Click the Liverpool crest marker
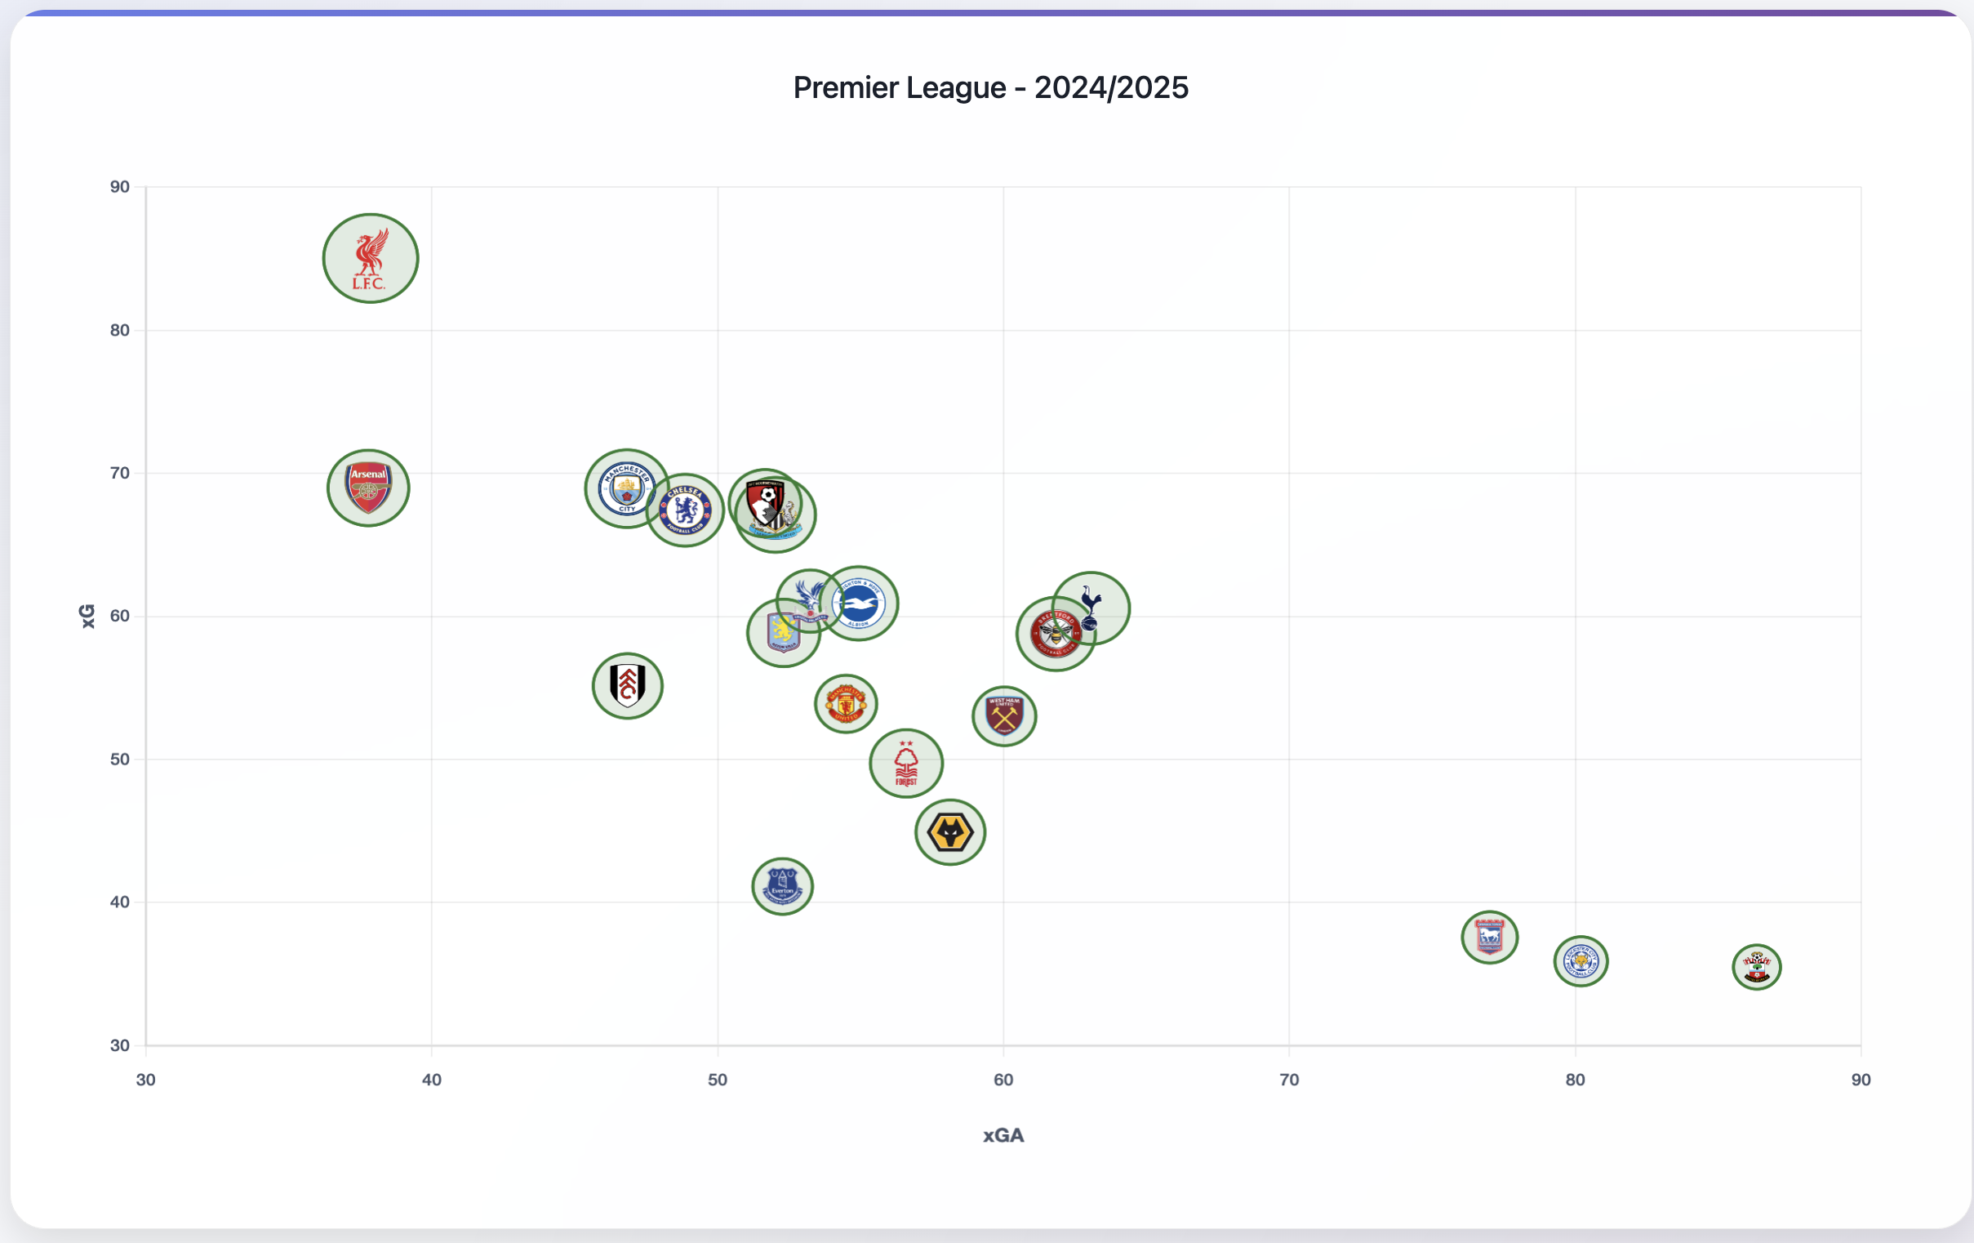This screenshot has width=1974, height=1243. pyautogui.click(x=371, y=258)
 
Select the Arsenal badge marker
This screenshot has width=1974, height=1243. pyautogui.click(x=368, y=488)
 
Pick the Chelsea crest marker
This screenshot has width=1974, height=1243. pyautogui.click(x=686, y=510)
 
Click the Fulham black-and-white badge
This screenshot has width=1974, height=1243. pyautogui.click(x=627, y=685)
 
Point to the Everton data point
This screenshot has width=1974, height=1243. pyautogui.click(x=782, y=886)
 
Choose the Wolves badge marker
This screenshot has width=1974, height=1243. pyautogui.click(x=950, y=832)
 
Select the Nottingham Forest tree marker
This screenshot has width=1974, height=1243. pyautogui.click(x=906, y=764)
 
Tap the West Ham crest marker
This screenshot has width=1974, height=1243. pyautogui.click(x=1004, y=715)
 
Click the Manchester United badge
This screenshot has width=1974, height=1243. pyautogui.click(x=846, y=703)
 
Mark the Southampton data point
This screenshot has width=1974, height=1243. pyautogui.click(x=1757, y=967)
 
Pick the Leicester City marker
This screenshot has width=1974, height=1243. pyautogui.click(x=1581, y=961)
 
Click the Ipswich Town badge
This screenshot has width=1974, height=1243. pyautogui.click(x=1490, y=938)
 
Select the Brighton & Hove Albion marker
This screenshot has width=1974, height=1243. pyautogui.click(x=860, y=604)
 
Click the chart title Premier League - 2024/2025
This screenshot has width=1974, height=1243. pyautogui.click(x=990, y=87)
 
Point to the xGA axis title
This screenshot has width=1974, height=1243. pyautogui.click(x=1003, y=1135)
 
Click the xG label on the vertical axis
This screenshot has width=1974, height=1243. pyautogui.click(x=87, y=616)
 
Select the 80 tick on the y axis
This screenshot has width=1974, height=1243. pyautogui.click(x=120, y=331)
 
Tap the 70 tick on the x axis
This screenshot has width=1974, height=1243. pyautogui.click(x=1289, y=1080)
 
